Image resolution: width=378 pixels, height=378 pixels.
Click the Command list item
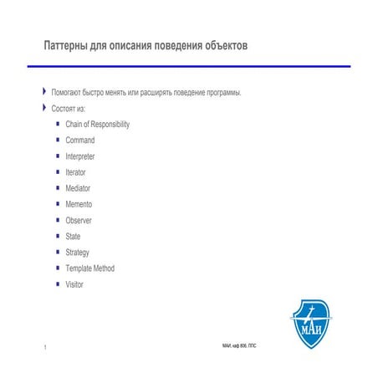pos(80,140)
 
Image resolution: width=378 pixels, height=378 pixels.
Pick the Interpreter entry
pos(80,156)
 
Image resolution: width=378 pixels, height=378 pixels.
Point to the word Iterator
pos(76,172)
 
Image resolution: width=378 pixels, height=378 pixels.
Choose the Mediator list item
pos(78,188)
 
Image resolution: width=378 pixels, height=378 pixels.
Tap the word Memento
pos(79,204)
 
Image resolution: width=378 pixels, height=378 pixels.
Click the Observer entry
pos(79,220)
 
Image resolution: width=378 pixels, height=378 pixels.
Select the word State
pos(73,237)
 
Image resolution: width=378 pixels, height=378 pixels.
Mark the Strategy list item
pos(77,253)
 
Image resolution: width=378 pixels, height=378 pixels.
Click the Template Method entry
pos(89,268)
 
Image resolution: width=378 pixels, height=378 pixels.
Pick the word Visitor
pos(74,284)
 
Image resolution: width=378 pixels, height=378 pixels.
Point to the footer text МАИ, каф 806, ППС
pos(239,345)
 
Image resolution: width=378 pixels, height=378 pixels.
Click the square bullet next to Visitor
pos(57,284)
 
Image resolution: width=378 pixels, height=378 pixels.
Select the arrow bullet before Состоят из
pos(44,108)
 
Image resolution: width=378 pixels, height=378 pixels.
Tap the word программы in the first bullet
pos(223,92)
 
